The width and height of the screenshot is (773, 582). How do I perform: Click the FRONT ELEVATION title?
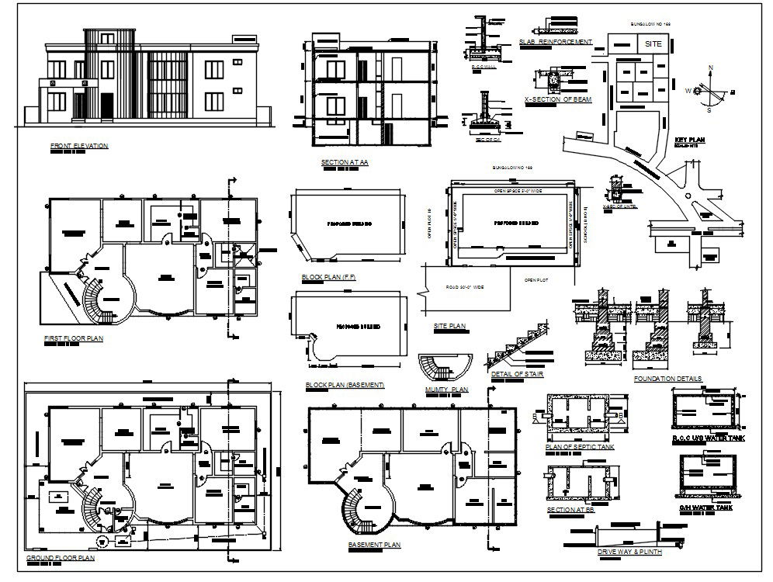point(78,146)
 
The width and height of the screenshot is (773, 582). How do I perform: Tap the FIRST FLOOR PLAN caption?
point(74,338)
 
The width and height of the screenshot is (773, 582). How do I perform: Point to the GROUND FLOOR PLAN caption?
point(61,558)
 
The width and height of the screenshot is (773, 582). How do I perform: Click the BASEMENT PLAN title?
point(375,546)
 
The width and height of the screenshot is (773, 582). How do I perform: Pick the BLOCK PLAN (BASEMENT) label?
point(345,385)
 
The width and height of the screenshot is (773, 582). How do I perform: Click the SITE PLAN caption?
point(449,327)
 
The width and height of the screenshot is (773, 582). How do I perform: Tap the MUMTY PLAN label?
point(446,389)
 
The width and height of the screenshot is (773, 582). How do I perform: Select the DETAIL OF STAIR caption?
point(517,375)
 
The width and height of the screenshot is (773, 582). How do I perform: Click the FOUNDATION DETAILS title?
point(667,379)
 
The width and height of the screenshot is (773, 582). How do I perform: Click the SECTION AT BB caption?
point(570,510)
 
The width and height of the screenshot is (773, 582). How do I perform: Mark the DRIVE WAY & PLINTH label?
point(629,552)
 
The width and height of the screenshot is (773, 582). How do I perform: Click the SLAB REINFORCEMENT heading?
point(554,42)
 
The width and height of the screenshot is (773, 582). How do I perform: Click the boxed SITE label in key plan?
point(653,44)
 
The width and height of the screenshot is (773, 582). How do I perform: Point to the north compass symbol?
point(707,91)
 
